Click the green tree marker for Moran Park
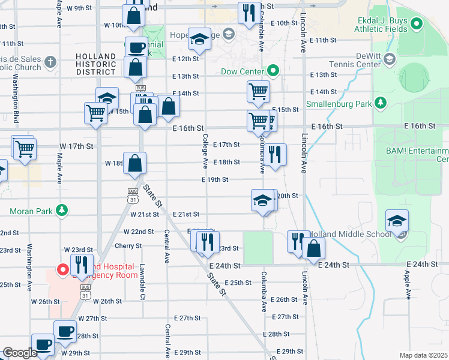[61, 211]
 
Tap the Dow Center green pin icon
[273, 71]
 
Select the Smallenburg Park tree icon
[379, 103]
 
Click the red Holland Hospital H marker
[61, 269]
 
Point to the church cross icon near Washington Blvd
[49, 62]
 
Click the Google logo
[19, 353]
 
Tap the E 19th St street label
[215, 179]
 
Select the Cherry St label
[128, 245]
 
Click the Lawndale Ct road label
[143, 282]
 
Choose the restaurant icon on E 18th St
[274, 154]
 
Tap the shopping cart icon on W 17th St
[25, 148]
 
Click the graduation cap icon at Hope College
[199, 39]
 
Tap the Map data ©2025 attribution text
[424, 355]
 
